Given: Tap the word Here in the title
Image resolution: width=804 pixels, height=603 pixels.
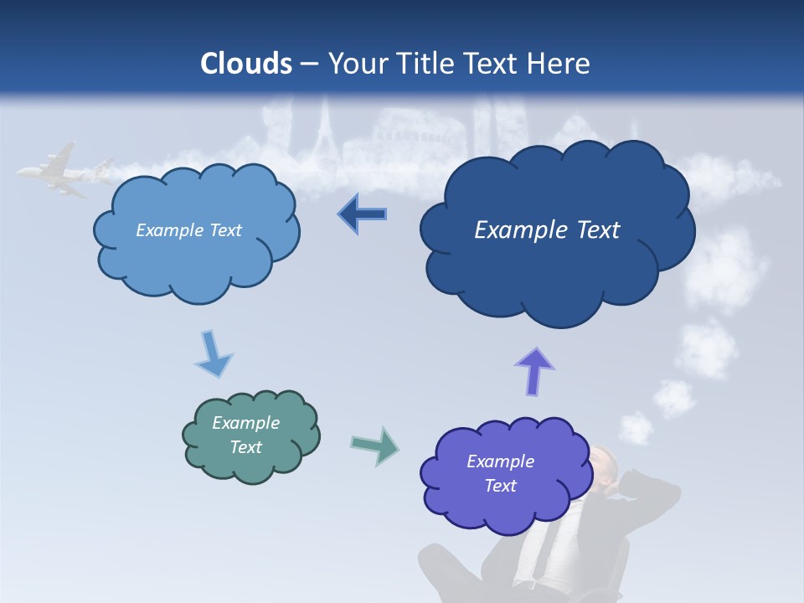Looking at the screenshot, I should click(x=559, y=64).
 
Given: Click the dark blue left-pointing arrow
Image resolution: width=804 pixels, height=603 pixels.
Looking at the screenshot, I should click(x=362, y=214).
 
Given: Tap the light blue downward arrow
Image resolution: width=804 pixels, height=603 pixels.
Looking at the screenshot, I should click(x=213, y=353).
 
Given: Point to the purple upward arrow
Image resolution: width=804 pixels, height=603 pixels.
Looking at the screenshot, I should click(x=534, y=371).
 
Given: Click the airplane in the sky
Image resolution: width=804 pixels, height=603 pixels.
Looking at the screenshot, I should click(x=59, y=172).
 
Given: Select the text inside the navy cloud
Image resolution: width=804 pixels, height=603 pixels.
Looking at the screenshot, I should click(x=547, y=230).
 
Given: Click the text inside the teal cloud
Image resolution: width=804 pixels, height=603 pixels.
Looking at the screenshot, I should click(x=245, y=435).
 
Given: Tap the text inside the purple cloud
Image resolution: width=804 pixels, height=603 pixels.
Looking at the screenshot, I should click(x=500, y=473).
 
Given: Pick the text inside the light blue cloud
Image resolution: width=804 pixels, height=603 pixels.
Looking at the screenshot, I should click(x=188, y=230).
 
